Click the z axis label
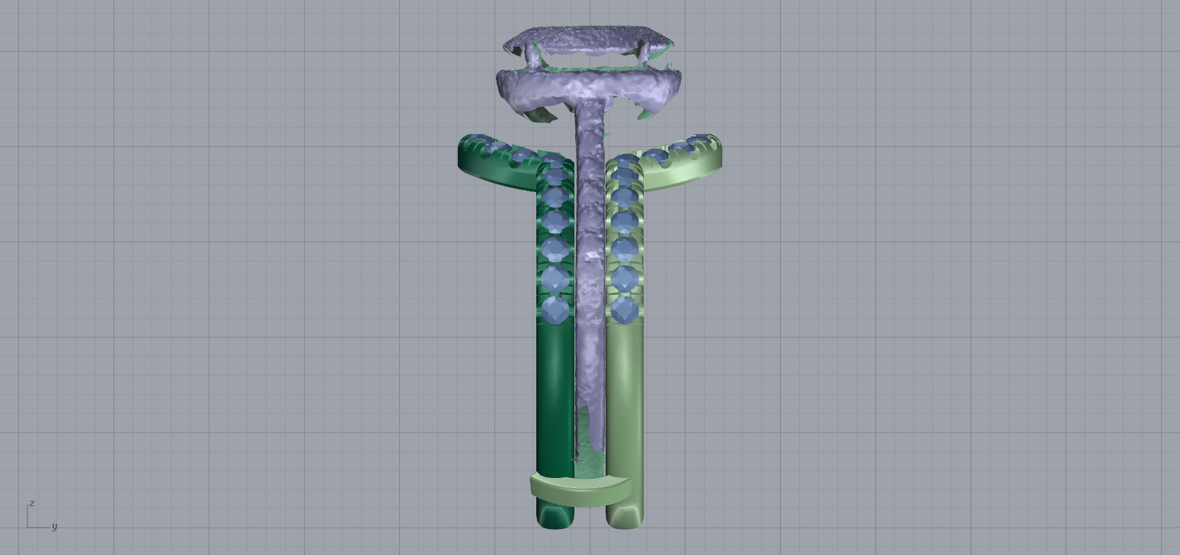tap(32, 503)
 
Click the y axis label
tap(54, 527)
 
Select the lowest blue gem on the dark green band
tap(555, 310)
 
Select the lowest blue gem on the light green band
tap(625, 310)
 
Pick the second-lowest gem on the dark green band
tap(555, 279)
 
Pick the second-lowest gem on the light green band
tap(625, 279)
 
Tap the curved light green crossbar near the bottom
tap(581, 490)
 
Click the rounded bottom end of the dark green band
tap(555, 519)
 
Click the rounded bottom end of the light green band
tap(625, 519)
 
